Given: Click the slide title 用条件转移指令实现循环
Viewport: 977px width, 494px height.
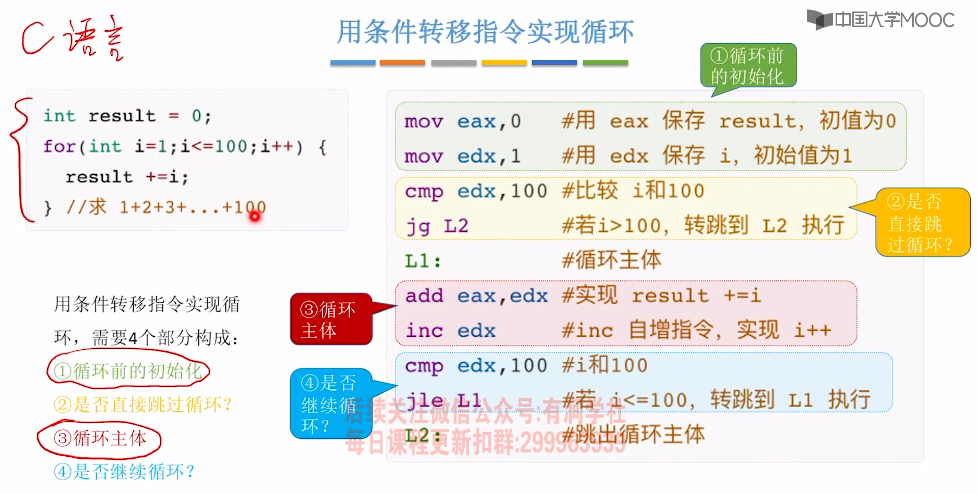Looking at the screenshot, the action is [x=486, y=32].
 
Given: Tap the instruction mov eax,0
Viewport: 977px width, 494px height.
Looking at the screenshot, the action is [x=463, y=122].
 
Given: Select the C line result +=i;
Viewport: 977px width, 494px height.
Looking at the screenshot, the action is [x=127, y=177].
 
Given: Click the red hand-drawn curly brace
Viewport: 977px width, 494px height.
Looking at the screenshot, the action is [x=19, y=159].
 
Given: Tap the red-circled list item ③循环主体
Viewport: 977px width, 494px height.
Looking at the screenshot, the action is [x=100, y=439].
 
